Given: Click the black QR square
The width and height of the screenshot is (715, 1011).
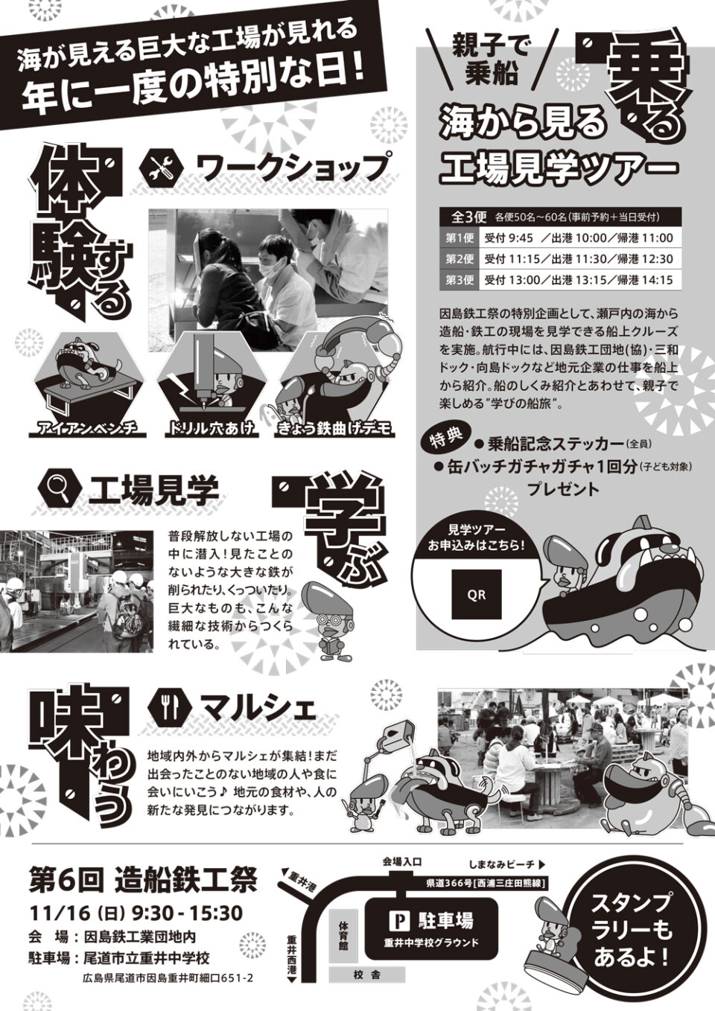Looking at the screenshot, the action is tap(477, 594).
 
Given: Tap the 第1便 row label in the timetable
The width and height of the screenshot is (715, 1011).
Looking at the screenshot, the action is tap(460, 237).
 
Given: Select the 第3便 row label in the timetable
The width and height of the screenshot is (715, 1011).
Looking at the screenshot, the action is tap(460, 280).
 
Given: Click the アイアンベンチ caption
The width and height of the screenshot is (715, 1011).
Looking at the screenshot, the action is tap(88, 430).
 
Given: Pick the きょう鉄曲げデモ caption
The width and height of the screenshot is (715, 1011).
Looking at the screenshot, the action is tap(334, 430).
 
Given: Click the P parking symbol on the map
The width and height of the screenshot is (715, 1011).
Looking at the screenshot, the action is tap(399, 908).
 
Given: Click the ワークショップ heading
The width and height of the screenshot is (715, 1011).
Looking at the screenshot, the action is tap(295, 168).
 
